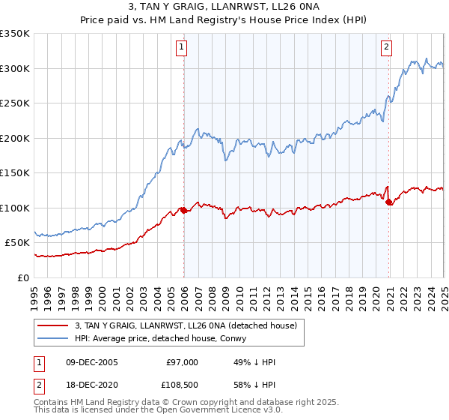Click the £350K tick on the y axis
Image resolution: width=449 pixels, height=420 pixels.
click(x=15, y=34)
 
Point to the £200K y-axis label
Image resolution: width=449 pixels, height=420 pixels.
click(x=15, y=138)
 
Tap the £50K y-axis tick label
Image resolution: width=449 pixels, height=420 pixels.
click(x=18, y=243)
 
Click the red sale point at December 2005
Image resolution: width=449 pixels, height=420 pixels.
click(x=183, y=210)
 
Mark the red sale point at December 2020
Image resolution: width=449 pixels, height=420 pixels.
click(x=389, y=202)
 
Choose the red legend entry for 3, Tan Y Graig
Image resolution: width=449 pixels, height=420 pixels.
click(x=186, y=325)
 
